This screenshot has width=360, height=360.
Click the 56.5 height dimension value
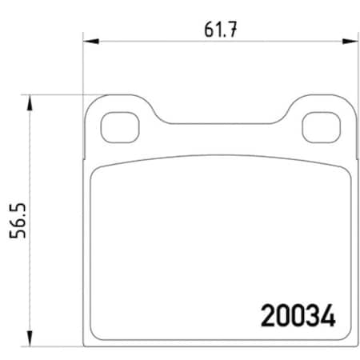[x=15, y=226]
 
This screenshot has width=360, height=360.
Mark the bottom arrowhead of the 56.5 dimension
[x=30, y=341]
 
